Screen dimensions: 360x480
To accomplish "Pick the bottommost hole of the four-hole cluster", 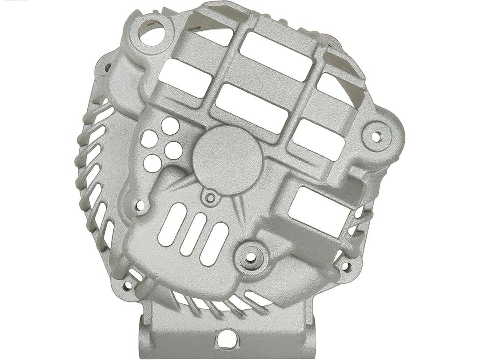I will (153, 159).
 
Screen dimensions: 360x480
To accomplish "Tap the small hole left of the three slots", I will (141, 205).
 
